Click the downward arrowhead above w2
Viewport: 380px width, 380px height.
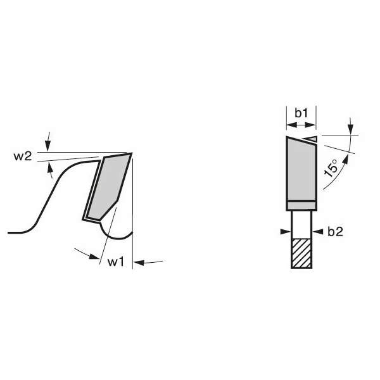48,147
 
